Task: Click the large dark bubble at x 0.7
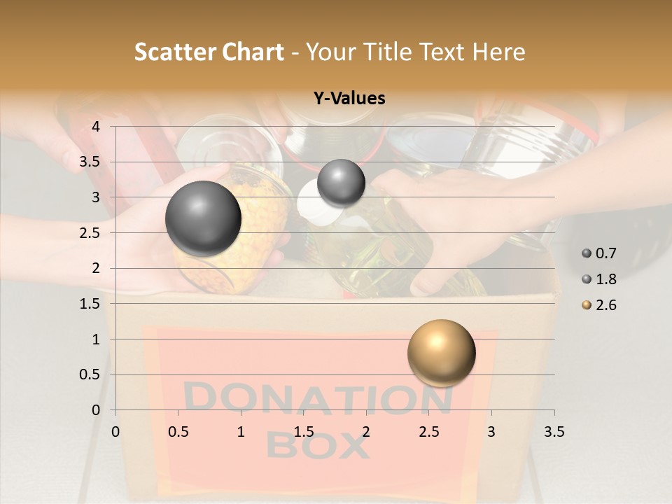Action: click(204, 218)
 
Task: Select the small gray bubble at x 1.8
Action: click(341, 183)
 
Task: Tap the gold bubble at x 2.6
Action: click(441, 353)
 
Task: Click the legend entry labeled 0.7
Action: click(601, 253)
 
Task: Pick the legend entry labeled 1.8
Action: click(601, 279)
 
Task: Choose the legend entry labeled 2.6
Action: click(601, 305)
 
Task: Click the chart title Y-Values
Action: click(349, 99)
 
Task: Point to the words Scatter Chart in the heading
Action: click(209, 52)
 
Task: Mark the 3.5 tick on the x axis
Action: click(554, 432)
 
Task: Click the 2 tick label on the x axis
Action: click(366, 432)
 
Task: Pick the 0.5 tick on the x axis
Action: click(178, 432)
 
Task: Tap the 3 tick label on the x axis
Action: click(491, 432)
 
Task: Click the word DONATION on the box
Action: click(318, 399)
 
